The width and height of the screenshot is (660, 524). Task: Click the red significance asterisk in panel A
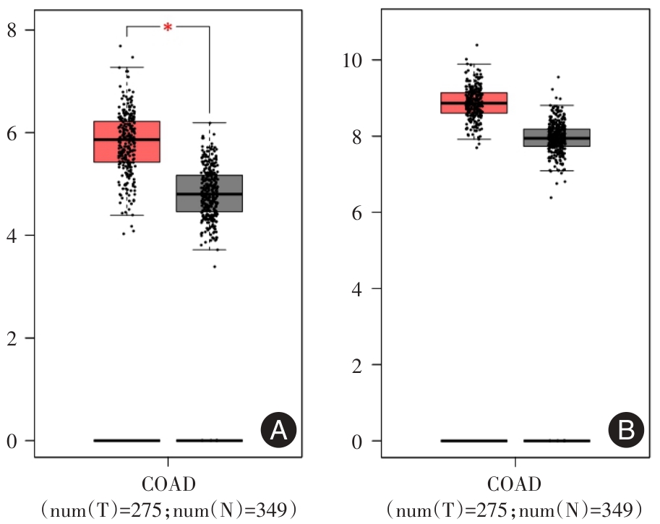[168, 27]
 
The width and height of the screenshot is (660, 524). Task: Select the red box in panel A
[127, 142]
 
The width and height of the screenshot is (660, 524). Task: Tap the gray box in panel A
[210, 193]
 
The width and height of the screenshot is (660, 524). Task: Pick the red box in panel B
[473, 103]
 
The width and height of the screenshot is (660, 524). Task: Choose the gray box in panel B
[557, 137]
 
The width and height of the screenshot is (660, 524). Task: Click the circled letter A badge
[278, 431]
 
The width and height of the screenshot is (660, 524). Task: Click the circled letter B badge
[625, 431]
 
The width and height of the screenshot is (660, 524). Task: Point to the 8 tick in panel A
[14, 30]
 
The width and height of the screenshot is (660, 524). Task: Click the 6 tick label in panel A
[14, 132]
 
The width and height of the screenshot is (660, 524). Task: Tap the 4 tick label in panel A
[14, 235]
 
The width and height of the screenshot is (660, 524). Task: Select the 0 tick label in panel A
[14, 440]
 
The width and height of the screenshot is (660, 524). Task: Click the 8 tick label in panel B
[357, 136]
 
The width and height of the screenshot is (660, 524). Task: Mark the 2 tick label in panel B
[357, 364]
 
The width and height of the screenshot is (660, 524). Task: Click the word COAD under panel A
[168, 484]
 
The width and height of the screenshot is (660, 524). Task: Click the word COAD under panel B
[515, 484]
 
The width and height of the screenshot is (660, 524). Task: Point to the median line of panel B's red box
[473, 103]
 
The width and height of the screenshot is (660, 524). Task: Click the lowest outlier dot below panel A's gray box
[214, 267]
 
